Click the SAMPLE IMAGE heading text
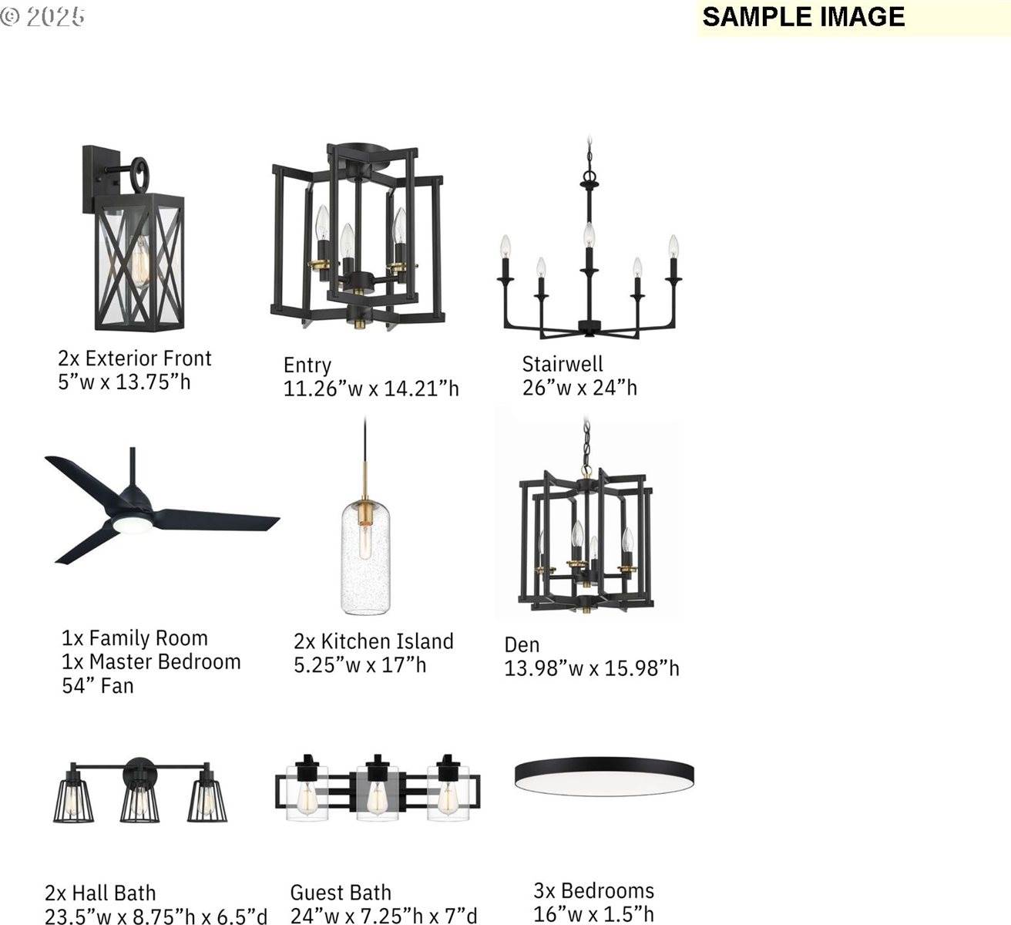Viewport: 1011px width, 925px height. [804, 17]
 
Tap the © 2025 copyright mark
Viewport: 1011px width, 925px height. [42, 17]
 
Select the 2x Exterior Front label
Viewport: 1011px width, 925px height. [135, 358]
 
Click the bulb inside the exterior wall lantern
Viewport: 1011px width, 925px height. [142, 262]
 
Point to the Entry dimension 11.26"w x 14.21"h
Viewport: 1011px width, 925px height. [371, 388]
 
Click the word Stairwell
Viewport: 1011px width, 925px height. [563, 364]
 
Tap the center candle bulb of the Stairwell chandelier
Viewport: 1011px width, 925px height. [589, 236]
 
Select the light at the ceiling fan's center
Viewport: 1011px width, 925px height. [132, 524]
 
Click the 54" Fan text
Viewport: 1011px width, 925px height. [98, 685]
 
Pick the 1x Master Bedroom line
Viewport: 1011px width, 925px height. [151, 661]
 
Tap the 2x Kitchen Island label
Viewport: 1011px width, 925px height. [374, 641]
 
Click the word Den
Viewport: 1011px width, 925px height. [522, 644]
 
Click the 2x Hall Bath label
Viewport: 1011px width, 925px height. [100, 892]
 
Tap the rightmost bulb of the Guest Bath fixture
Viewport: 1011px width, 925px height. [447, 798]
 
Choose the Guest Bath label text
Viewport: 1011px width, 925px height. [341, 892]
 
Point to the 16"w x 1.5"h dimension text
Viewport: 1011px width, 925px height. [593, 913]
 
